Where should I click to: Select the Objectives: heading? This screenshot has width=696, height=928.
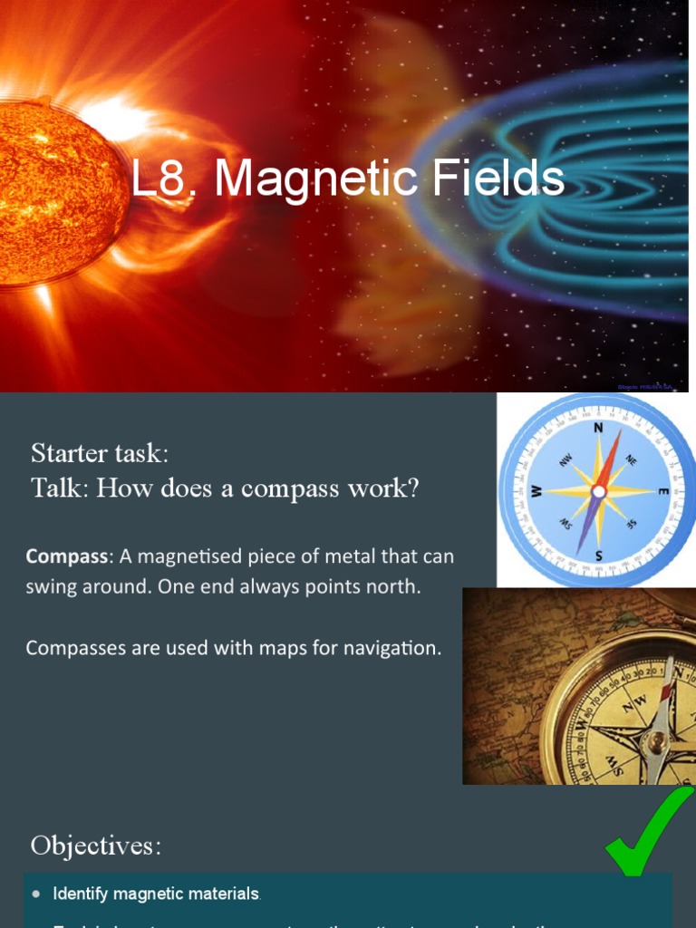click(x=96, y=846)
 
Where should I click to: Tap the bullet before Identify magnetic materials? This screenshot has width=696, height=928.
click(x=36, y=894)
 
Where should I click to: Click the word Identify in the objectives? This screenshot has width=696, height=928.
click(x=80, y=894)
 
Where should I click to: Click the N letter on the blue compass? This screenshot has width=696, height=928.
click(x=598, y=428)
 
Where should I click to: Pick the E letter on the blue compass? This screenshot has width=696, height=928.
click(x=662, y=491)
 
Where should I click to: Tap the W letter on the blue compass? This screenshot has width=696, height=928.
click(x=536, y=491)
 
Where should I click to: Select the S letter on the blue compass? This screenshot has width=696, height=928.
click(x=598, y=555)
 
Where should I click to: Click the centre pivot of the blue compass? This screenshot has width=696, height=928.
click(x=598, y=491)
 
